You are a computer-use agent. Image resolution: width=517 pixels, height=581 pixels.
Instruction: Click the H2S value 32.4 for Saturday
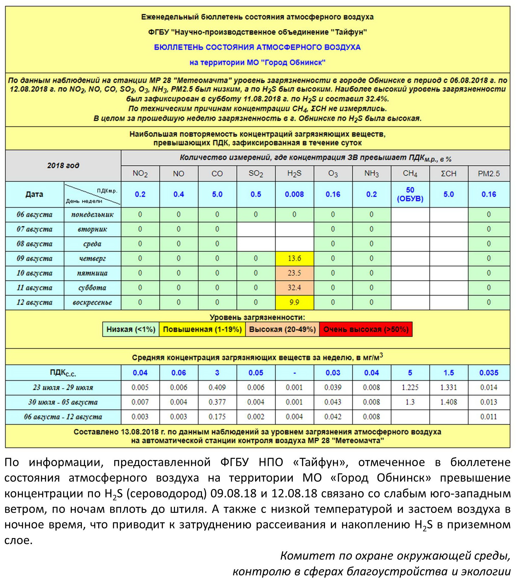coord(294,288)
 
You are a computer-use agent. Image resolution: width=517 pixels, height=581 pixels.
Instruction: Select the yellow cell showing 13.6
coord(294,258)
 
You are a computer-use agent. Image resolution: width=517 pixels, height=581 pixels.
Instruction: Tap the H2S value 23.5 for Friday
coord(294,273)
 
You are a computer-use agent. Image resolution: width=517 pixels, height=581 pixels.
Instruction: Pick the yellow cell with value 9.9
coord(294,302)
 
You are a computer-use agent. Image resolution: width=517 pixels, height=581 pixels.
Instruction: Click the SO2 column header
coord(256,174)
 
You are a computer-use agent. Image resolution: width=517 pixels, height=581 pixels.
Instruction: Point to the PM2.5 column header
coord(489,174)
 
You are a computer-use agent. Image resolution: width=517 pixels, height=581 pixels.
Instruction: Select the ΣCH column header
coord(448,174)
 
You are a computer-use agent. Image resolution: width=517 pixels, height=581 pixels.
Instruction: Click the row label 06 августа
coord(34,215)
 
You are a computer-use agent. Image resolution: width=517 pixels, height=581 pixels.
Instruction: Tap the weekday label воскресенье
coord(92,302)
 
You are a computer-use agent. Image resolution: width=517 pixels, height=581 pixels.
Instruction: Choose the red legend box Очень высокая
coord(366,329)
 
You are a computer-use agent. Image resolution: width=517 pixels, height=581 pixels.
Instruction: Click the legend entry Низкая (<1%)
coord(131,329)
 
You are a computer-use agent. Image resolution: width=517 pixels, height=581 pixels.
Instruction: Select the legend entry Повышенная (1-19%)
coord(202,329)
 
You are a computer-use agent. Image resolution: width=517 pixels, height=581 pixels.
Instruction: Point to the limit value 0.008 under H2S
coord(294,194)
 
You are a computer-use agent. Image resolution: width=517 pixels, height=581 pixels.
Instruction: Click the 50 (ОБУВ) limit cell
coord(410,194)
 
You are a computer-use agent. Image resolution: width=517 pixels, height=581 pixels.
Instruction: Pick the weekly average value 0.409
coord(217,387)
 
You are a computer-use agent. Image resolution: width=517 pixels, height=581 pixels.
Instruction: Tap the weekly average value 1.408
coord(448,402)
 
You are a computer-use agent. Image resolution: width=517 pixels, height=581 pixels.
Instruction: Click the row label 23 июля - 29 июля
coord(63,387)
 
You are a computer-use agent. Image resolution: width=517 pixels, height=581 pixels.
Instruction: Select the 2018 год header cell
coord(63,165)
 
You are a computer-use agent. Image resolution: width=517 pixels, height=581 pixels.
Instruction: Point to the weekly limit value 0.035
coord(489,373)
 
